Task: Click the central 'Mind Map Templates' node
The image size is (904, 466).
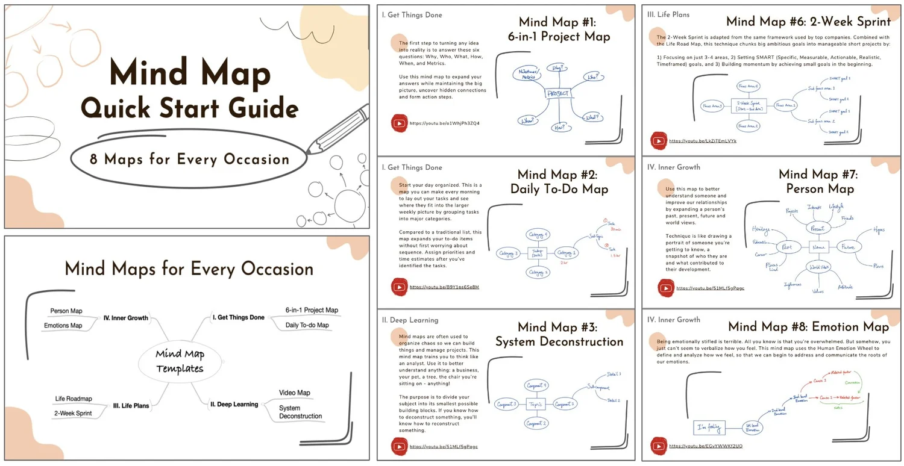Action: coord(180,361)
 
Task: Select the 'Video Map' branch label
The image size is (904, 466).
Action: coord(295,393)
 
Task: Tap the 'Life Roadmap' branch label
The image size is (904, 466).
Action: coord(74,399)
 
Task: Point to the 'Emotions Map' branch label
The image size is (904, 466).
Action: coord(63,326)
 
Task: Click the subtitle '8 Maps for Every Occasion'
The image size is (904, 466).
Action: coord(190,160)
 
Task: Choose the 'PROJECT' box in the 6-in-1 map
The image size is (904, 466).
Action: coord(559,94)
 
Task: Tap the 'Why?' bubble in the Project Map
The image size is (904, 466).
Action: coord(557,69)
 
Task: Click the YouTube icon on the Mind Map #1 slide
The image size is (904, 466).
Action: coord(399,123)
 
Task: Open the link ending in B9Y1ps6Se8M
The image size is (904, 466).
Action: coord(444,287)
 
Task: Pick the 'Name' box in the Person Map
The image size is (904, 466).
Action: coord(818,247)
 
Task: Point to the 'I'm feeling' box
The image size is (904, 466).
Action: coord(709,427)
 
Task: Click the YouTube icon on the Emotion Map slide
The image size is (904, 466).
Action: coord(659,446)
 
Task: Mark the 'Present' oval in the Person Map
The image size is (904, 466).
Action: coord(818,229)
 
